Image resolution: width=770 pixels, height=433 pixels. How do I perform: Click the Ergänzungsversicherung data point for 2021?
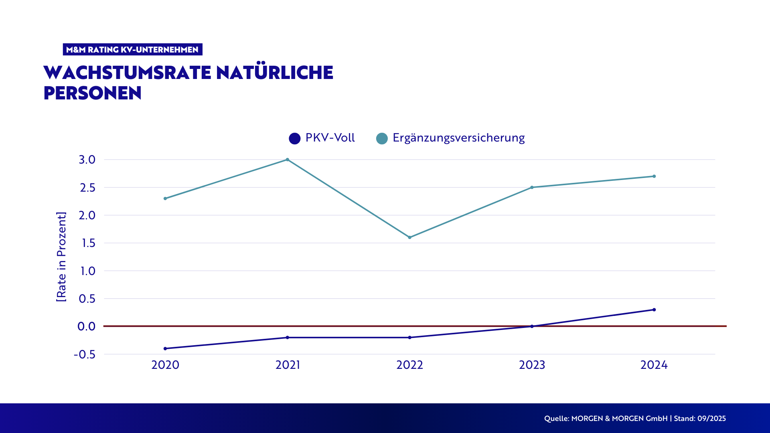coord(288,160)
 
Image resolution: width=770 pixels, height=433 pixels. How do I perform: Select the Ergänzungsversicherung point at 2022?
coord(409,237)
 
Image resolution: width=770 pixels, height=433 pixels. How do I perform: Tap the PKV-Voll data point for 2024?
coord(654,310)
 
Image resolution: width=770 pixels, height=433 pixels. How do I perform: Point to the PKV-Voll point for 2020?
coord(165,348)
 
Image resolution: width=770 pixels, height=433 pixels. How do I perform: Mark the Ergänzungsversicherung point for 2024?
coord(654,176)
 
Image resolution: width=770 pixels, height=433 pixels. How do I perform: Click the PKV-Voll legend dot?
coord(295,139)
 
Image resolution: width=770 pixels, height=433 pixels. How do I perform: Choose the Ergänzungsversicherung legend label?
coord(458,138)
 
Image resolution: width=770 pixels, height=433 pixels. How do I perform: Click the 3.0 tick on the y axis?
coord(87,160)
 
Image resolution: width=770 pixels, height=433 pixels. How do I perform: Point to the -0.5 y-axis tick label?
coord(85,354)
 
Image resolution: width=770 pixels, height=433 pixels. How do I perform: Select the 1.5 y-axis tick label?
coord(88,243)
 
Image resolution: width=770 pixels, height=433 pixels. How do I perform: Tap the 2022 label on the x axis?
coord(409,365)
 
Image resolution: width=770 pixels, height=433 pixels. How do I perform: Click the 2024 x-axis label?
coord(654,365)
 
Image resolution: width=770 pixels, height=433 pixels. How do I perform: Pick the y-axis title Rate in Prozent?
coord(61,257)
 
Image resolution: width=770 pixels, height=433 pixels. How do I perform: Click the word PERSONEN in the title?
coord(93,93)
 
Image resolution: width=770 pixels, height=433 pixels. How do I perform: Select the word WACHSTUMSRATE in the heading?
coord(127,73)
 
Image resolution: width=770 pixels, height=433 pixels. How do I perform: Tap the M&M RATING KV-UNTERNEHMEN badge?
coord(132,49)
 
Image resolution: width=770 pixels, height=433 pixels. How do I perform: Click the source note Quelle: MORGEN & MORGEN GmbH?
coord(606,419)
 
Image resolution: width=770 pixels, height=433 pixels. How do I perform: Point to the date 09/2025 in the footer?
coord(711,419)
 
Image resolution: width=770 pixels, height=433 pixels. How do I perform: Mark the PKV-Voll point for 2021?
coord(288,338)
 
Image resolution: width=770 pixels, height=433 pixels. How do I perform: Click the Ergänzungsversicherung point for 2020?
coord(165,198)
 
